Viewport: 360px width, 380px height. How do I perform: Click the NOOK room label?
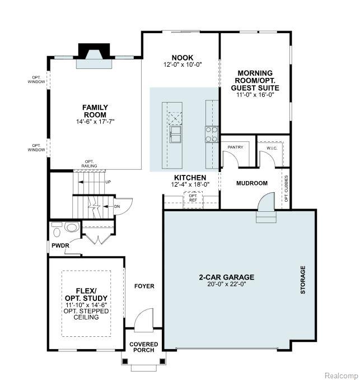click(x=183, y=58)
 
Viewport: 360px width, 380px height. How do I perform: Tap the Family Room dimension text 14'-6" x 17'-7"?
click(x=95, y=122)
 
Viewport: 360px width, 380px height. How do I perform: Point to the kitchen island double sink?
click(x=175, y=135)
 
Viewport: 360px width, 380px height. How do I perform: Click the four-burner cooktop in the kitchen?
click(x=211, y=135)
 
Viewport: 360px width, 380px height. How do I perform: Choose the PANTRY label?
click(x=235, y=147)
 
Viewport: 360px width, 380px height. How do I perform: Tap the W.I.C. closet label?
click(x=272, y=149)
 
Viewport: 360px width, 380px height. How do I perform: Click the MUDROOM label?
click(x=252, y=183)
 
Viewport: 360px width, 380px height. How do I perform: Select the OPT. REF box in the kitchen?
click(x=193, y=200)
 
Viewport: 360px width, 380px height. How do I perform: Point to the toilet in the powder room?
click(x=72, y=228)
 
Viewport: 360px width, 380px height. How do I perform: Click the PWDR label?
click(x=60, y=245)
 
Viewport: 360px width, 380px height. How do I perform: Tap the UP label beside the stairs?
click(x=108, y=182)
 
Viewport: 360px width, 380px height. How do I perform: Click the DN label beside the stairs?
click(x=117, y=206)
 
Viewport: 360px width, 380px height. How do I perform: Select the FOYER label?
click(x=144, y=286)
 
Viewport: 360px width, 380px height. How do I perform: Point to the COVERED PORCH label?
click(x=143, y=347)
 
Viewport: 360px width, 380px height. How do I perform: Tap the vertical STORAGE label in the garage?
click(x=303, y=280)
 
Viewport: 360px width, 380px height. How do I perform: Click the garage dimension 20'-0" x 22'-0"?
click(x=227, y=284)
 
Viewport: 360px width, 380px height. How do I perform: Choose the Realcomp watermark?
click(x=341, y=376)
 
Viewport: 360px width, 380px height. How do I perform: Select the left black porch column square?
click(x=125, y=361)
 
